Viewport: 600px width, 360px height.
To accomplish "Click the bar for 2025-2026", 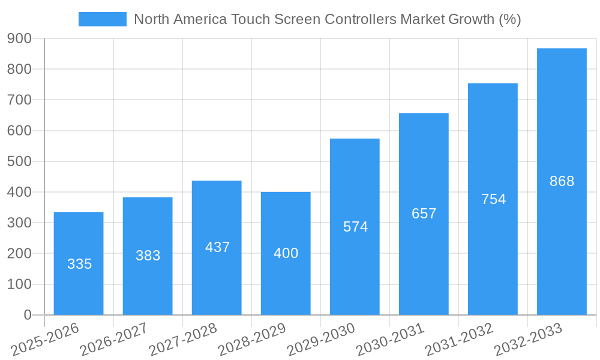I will (79, 263).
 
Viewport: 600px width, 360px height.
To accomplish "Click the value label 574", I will (355, 227).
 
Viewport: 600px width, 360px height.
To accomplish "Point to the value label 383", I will (148, 256).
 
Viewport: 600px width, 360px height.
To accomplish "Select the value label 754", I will (493, 199).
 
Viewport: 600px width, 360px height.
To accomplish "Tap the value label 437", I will (217, 247).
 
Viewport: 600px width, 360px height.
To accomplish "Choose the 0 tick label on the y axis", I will (27, 315).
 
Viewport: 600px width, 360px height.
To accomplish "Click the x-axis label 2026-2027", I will (114, 340).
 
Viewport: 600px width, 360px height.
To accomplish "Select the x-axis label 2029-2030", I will (321, 340).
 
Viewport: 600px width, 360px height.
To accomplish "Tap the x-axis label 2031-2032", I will (459, 340).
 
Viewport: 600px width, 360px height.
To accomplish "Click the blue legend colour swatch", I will (103, 19).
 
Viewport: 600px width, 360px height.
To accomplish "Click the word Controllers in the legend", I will (360, 19).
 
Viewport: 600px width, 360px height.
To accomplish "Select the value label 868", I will (562, 181).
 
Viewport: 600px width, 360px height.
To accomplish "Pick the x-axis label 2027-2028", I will (183, 340).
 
